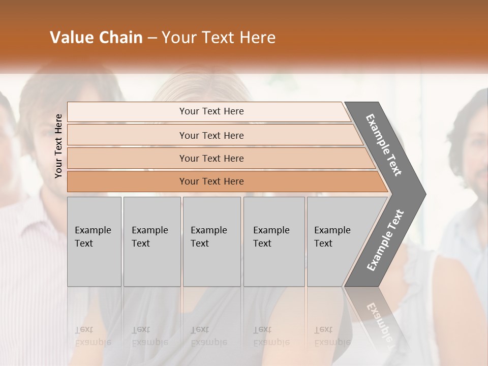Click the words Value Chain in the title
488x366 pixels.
[96, 38]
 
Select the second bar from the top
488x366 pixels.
[211, 135]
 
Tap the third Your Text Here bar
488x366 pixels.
[211, 158]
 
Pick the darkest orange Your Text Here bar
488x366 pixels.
[211, 181]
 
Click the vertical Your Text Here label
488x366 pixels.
[58, 146]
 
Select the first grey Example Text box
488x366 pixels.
[94, 241]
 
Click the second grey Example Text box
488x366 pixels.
[151, 241]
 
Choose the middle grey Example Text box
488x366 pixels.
[211, 241]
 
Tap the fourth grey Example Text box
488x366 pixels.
[273, 241]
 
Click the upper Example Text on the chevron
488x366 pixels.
[384, 145]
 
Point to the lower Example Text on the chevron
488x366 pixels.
[385, 240]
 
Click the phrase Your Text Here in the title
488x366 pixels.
[219, 38]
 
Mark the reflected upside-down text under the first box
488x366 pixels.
[93, 336]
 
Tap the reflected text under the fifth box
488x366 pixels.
[332, 336]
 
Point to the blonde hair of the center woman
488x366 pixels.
[203, 84]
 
